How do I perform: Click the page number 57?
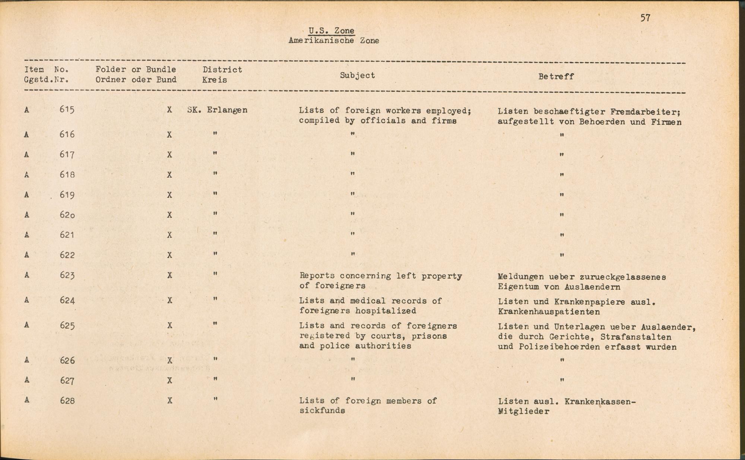pyautogui.click(x=645, y=18)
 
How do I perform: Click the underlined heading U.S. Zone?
pyautogui.click(x=331, y=31)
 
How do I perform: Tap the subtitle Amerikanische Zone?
pyautogui.click(x=333, y=41)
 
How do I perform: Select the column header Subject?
pyautogui.click(x=357, y=75)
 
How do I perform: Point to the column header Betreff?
pyautogui.click(x=556, y=76)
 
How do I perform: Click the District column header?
pyautogui.click(x=222, y=70)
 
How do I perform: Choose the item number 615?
pyautogui.click(x=67, y=110)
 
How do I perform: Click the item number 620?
pyautogui.click(x=67, y=215)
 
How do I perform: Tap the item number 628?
pyautogui.click(x=67, y=401)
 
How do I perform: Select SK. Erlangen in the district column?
pyautogui.click(x=217, y=110)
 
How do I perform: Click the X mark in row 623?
pyautogui.click(x=169, y=276)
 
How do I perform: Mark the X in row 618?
pyautogui.click(x=169, y=175)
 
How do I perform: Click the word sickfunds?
pyautogui.click(x=322, y=410)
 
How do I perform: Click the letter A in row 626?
pyautogui.click(x=26, y=360)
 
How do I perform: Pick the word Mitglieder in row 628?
pyautogui.click(x=523, y=412)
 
